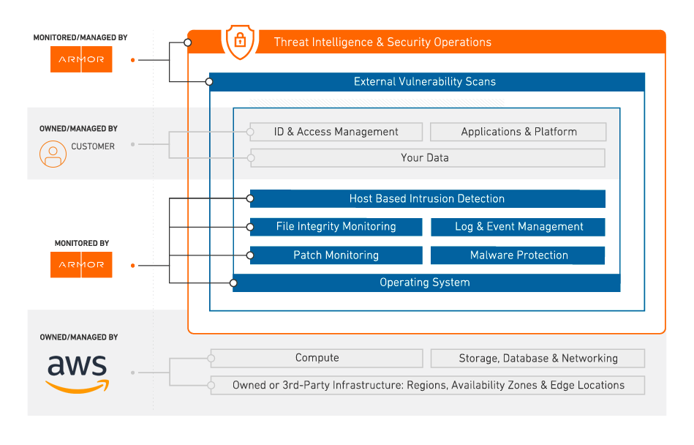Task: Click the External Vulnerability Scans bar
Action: pyautogui.click(x=426, y=82)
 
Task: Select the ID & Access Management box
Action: pyautogui.click(x=336, y=132)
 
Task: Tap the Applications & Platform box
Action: pyautogui.click(x=518, y=132)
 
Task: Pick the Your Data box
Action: pyautogui.click(x=428, y=158)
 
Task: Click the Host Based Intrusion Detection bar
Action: pyautogui.click(x=428, y=199)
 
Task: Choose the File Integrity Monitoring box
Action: pyautogui.click(x=336, y=227)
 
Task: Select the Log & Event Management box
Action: pyautogui.click(x=518, y=227)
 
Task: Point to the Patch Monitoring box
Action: pyautogui.click(x=336, y=255)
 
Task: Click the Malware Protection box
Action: pyautogui.click(x=518, y=255)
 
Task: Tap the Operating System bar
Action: pyautogui.click(x=426, y=283)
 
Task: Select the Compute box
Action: pyautogui.click(x=317, y=358)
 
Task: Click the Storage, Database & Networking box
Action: pyautogui.click(x=538, y=358)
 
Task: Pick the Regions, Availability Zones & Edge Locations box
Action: pyautogui.click(x=428, y=385)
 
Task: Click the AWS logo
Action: pyautogui.click(x=78, y=374)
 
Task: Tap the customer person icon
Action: pyautogui.click(x=53, y=154)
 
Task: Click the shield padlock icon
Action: pyautogui.click(x=240, y=42)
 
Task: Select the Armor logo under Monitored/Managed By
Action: pyautogui.click(x=81, y=59)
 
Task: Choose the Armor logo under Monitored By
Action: pyautogui.click(x=81, y=265)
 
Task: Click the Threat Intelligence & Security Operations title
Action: pyautogui.click(x=382, y=42)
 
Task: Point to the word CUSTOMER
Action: pyautogui.click(x=93, y=146)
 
